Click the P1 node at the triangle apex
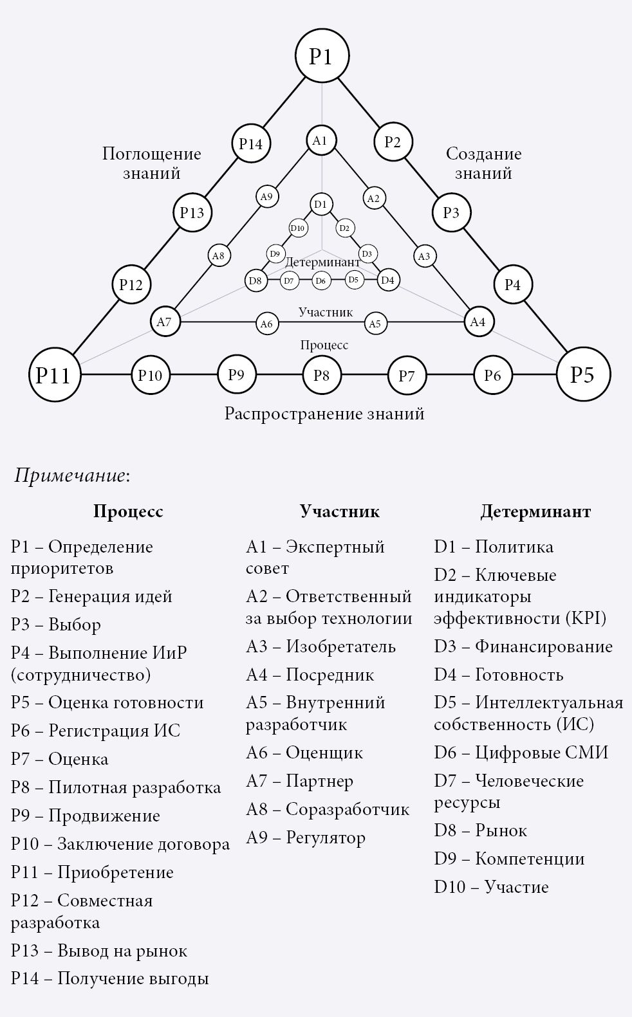321,56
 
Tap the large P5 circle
583,374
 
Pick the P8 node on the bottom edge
322,374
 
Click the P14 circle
251,143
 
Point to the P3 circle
452,212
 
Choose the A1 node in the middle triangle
321,140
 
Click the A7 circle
164,321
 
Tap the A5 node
375,324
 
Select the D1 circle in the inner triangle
321,205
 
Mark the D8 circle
256,280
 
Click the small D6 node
321,280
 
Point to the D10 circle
297,228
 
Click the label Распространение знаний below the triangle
324,413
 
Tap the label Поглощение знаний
152,163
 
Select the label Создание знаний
483,163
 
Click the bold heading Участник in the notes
339,511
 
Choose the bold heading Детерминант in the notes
535,511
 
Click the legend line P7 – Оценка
60,759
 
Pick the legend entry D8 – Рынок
480,830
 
